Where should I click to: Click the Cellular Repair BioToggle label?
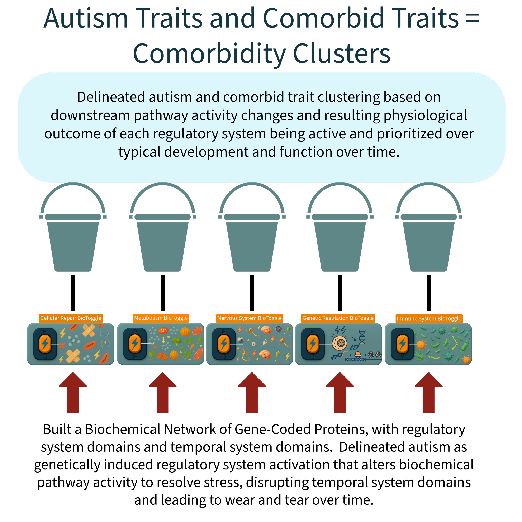tap(71, 318)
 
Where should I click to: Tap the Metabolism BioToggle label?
tap(161, 318)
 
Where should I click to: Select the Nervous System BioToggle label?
tap(250, 318)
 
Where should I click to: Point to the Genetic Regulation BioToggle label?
tap(338, 318)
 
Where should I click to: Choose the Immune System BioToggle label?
tap(429, 319)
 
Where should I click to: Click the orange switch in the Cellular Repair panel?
tap(45, 344)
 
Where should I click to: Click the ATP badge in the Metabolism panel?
tap(163, 331)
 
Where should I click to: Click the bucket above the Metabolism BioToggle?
tap(162, 227)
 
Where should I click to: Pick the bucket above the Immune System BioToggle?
tap(429, 227)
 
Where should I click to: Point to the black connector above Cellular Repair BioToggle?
tap(73, 293)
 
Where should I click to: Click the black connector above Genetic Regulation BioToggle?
tap(340, 293)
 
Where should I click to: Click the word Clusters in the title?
tap(342, 53)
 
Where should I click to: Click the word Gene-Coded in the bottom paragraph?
tap(272, 429)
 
